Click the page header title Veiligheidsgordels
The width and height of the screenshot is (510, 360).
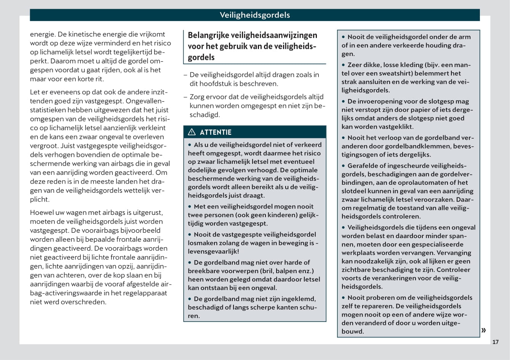pos(255,15)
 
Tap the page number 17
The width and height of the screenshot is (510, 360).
pos(495,342)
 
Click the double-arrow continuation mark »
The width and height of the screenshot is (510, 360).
pos(483,330)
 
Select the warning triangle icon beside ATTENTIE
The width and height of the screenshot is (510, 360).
pos(192,132)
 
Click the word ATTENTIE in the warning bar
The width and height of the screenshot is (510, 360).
pos(216,132)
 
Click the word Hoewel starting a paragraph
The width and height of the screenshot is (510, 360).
pos(42,213)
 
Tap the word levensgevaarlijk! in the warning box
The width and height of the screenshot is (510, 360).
pos(213,251)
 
